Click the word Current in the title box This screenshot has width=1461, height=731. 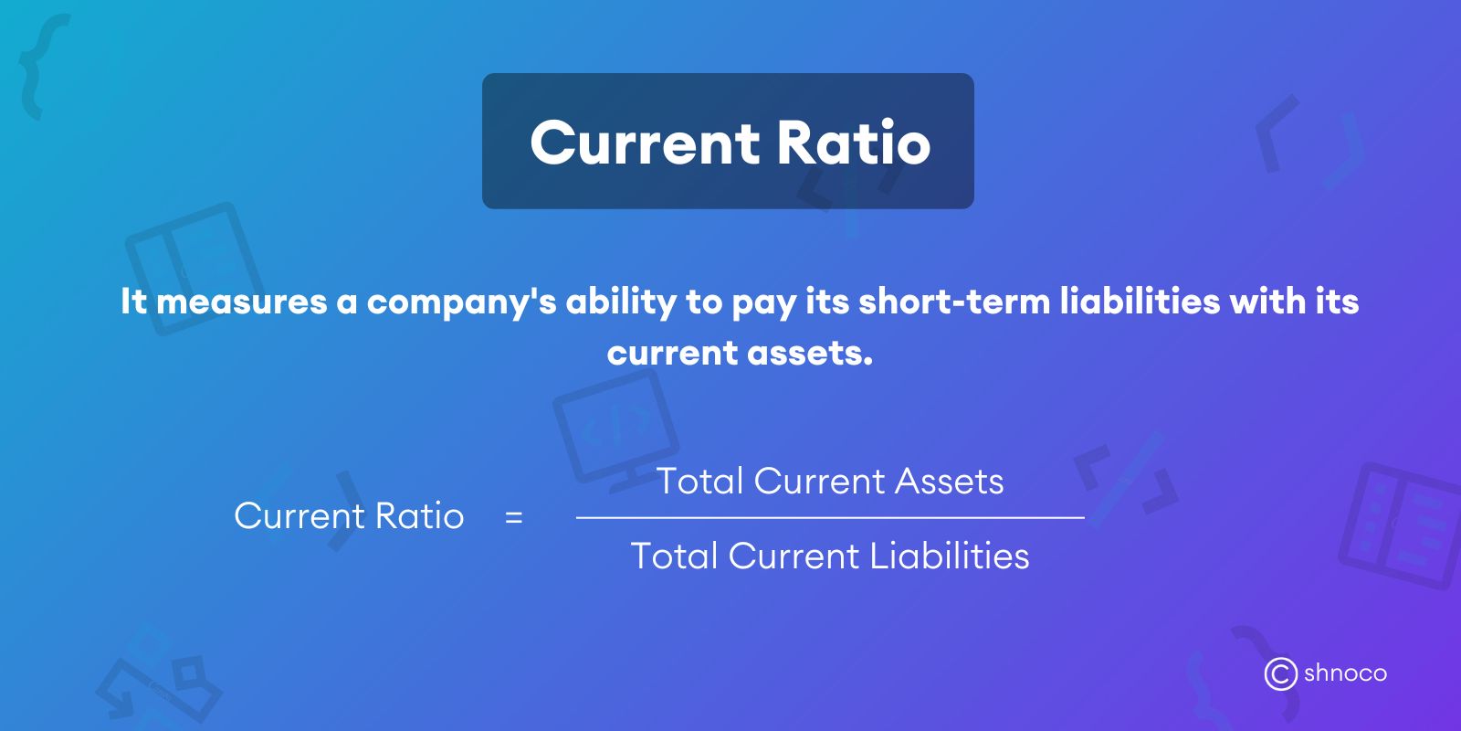pyautogui.click(x=645, y=143)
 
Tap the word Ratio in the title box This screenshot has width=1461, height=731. pyautogui.click(x=854, y=143)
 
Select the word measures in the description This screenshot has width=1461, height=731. pyautogui.click(x=242, y=302)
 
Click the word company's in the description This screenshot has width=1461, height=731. pyautogui.click(x=461, y=302)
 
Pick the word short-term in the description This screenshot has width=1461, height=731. pyautogui.click(x=954, y=302)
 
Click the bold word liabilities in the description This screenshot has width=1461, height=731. pyautogui.click(x=1140, y=302)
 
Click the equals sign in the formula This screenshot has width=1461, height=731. pyautogui.click(x=514, y=517)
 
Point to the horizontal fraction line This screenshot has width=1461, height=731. pyautogui.click(x=830, y=517)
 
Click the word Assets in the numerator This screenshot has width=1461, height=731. pyautogui.click(x=950, y=482)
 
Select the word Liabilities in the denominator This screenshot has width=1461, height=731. pyautogui.click(x=950, y=556)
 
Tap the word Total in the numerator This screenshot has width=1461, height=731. pyautogui.click(x=700, y=482)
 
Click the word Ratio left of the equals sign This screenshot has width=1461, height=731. pyautogui.click(x=420, y=516)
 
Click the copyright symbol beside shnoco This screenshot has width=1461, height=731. pyautogui.click(x=1280, y=674)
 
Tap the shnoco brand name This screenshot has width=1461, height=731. pyautogui.click(x=1345, y=673)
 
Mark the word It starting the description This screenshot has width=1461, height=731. pyautogui.click(x=133, y=302)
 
